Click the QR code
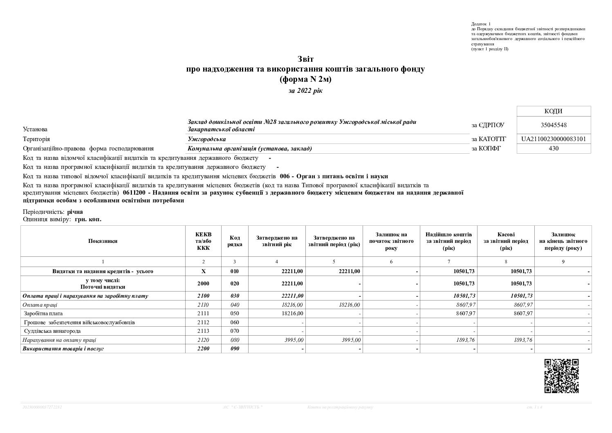[x=562, y=376]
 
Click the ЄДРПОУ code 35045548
[x=554, y=126]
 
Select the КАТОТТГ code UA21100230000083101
[x=554, y=139]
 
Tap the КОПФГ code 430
[x=554, y=148]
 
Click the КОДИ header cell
[x=554, y=111]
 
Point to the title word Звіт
[x=305, y=59]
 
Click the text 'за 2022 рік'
[x=305, y=91]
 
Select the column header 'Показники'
[x=103, y=241]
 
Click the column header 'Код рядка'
[x=235, y=241]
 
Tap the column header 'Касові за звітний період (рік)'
[x=506, y=241]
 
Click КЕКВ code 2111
[x=203, y=314]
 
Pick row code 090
[x=235, y=349]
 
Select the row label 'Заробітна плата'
[x=44, y=314]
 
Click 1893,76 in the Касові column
[x=523, y=340]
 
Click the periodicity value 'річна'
[x=75, y=212]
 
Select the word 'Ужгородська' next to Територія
[x=207, y=139]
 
